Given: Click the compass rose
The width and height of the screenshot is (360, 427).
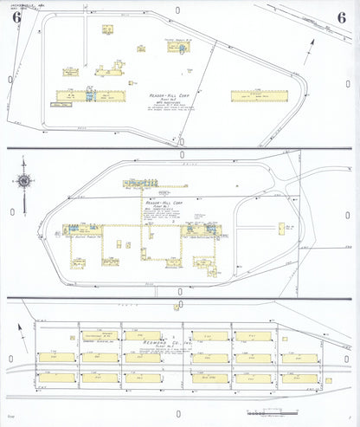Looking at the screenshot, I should [x=24, y=180].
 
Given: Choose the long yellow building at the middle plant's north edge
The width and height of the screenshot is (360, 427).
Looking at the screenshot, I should [x=143, y=183].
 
